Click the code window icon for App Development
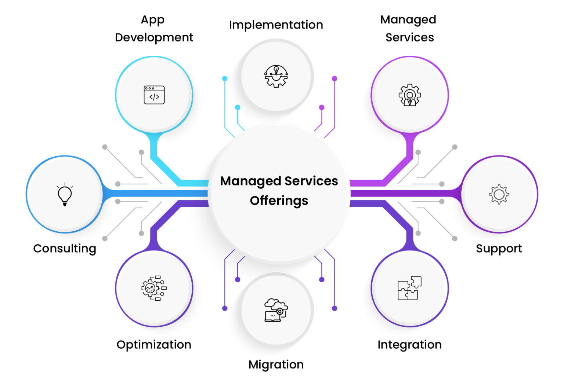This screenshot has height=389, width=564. point(154,95)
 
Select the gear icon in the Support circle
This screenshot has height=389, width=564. point(499,194)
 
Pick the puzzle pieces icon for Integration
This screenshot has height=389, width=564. point(409,288)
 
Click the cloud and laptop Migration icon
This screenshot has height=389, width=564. point(276,310)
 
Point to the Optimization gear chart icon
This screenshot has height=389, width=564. point(154,288)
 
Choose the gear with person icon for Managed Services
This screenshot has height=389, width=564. point(410,95)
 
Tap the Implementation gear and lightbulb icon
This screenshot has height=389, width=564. point(276,76)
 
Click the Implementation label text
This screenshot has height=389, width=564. point(276,25)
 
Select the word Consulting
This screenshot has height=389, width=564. point(65,249)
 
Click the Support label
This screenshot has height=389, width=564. point(499,249)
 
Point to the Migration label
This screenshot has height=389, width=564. point(276,364)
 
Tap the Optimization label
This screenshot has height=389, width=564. point(154,345)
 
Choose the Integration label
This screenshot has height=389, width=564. point(409,345)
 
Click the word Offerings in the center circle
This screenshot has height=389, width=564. point(279,201)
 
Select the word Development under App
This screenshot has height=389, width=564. point(154,37)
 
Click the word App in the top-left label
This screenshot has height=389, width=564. point(153,20)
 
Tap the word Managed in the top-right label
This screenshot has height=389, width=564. point(408,20)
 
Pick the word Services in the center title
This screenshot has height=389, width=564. point(311,181)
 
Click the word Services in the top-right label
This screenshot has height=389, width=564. point(410,37)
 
